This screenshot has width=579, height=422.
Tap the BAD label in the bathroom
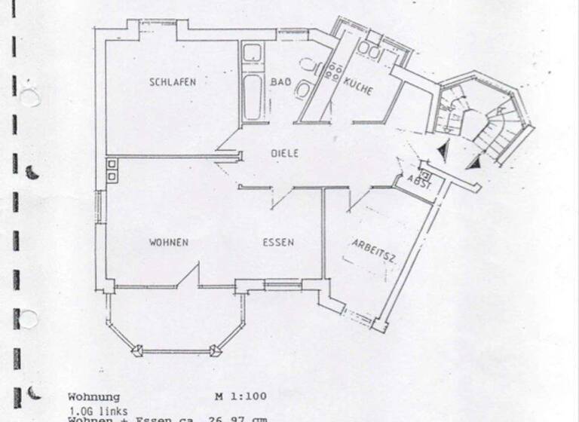[x=280, y=82]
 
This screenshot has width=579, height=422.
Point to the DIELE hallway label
[x=285, y=153]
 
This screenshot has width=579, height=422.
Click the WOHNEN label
[x=168, y=242]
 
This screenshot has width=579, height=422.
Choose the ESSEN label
[x=277, y=242]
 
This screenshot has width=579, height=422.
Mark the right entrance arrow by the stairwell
[x=474, y=161]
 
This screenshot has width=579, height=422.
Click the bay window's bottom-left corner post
[x=138, y=350]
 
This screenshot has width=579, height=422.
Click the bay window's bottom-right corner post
[x=216, y=350]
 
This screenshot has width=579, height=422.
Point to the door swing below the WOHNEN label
[x=188, y=277]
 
